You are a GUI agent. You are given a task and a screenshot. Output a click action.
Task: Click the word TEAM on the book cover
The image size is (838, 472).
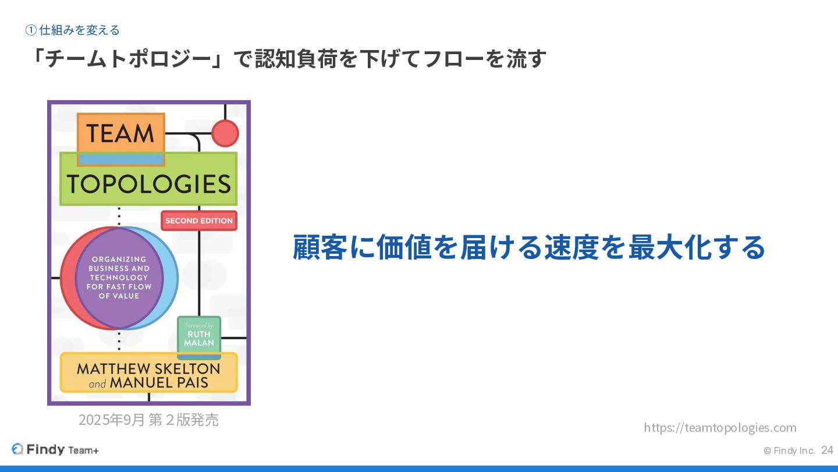click(x=120, y=133)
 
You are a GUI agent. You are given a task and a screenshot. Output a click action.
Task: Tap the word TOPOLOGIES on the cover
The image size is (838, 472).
click(x=148, y=184)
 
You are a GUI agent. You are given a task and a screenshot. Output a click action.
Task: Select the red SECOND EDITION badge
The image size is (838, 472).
click(x=198, y=221)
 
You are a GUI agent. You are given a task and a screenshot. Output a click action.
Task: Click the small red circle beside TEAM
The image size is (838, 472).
click(x=225, y=133)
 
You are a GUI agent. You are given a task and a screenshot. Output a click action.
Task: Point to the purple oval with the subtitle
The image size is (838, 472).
click(x=119, y=278)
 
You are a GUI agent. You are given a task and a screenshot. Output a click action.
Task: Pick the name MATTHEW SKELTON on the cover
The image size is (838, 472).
click(x=148, y=369)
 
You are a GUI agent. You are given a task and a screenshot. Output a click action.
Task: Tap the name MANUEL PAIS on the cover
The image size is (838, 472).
click(x=159, y=383)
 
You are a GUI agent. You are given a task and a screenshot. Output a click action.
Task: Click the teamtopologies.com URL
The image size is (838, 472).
click(x=720, y=428)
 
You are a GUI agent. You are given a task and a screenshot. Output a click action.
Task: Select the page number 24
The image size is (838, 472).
click(x=827, y=450)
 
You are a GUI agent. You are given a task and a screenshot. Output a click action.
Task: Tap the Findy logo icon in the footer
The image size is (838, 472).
click(x=17, y=449)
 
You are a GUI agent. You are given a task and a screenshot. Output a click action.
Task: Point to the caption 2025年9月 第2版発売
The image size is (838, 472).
click(x=148, y=420)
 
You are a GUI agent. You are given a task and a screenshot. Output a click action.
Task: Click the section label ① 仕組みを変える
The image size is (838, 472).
click(x=73, y=30)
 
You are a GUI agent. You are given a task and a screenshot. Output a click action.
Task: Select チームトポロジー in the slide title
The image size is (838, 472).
click(x=128, y=59)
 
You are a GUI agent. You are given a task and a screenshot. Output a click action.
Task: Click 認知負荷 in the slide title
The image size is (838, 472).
click(x=296, y=59)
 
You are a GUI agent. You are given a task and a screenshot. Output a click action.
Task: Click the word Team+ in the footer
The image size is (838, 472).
click(x=83, y=450)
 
